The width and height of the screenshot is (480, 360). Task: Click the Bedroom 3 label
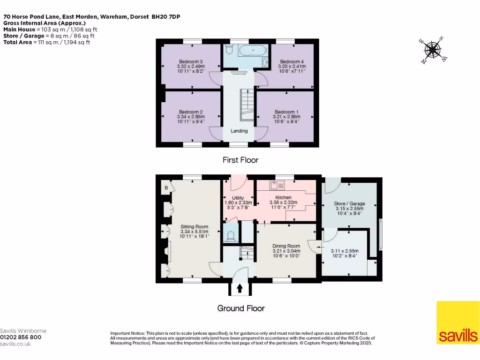(x=191, y=61)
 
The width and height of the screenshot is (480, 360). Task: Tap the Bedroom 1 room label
(x=286, y=112)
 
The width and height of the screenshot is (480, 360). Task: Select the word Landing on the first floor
(x=239, y=131)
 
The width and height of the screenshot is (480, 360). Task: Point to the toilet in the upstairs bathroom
(x=229, y=49)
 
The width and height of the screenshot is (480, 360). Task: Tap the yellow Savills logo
(x=457, y=322)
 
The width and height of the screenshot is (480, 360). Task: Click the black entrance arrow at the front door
(x=240, y=288)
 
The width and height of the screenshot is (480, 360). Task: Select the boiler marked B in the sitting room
(x=166, y=187)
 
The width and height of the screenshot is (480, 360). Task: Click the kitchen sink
(x=277, y=186)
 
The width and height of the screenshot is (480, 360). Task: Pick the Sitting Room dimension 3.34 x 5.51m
(x=194, y=232)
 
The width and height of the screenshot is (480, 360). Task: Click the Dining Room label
(x=286, y=246)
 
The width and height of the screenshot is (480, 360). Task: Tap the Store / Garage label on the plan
(x=349, y=203)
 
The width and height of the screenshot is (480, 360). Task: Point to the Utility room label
(x=238, y=198)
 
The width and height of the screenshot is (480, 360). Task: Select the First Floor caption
(x=240, y=160)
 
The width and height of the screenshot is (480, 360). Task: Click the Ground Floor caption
(x=241, y=308)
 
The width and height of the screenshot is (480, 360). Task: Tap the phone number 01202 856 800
(x=21, y=337)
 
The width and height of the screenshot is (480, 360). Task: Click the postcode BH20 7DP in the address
(x=166, y=17)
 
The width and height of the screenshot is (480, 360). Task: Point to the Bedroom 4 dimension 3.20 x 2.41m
(x=292, y=67)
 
